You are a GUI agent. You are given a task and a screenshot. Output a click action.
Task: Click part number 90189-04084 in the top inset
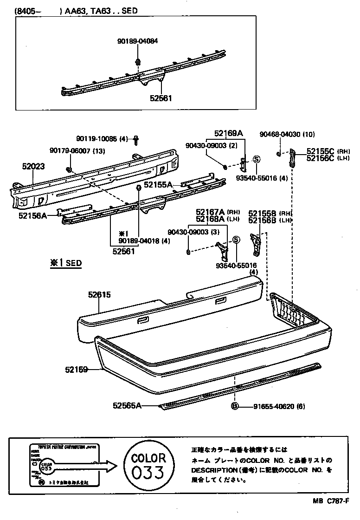click(137, 41)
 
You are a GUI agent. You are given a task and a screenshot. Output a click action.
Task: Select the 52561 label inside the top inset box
click(161, 99)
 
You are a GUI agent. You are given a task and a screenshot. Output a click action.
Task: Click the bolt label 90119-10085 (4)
click(102, 138)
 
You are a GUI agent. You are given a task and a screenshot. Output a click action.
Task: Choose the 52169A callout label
click(229, 133)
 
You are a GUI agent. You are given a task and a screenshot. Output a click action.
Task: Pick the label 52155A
click(158, 185)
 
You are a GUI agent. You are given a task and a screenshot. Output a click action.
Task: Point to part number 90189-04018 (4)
click(137, 240)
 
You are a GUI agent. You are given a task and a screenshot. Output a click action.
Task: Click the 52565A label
click(127, 405)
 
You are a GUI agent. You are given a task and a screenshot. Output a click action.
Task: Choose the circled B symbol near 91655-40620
click(235, 406)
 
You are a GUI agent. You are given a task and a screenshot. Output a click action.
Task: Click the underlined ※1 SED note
click(66, 263)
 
